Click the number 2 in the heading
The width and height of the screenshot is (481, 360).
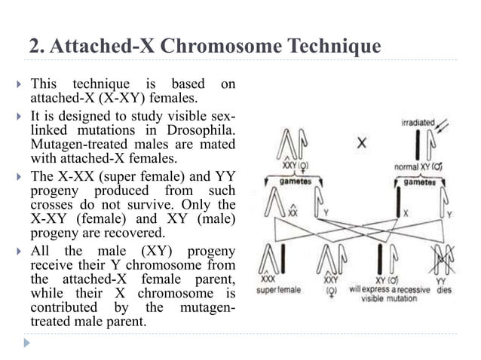pyautogui.click(x=34, y=47)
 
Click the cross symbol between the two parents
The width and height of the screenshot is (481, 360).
pyautogui.click(x=362, y=143)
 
